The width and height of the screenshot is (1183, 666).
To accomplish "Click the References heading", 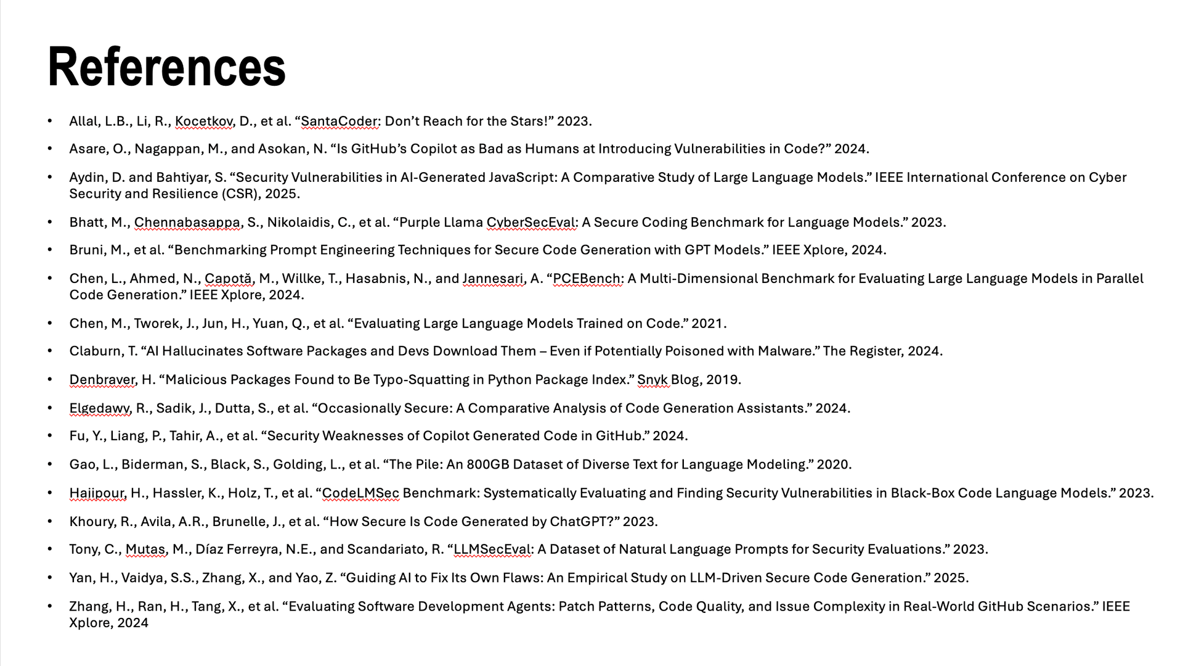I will point(166,67).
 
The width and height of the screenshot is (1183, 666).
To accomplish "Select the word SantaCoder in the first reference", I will point(339,121).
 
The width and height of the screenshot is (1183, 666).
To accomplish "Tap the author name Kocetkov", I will point(203,121).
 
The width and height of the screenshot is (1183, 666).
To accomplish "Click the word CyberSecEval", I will point(531,223).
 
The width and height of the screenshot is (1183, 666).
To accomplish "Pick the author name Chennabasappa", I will point(187,223).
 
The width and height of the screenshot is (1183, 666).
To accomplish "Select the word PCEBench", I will point(587,279).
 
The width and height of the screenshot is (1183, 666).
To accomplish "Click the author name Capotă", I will point(228,279).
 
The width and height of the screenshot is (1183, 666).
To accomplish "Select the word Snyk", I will point(652,380).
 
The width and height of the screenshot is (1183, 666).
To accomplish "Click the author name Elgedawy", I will point(99,408).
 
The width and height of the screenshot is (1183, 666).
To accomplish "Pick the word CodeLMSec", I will point(360,493).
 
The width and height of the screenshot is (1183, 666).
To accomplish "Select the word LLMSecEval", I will point(492,549).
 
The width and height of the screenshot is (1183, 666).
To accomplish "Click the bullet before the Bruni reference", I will point(50,250).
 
